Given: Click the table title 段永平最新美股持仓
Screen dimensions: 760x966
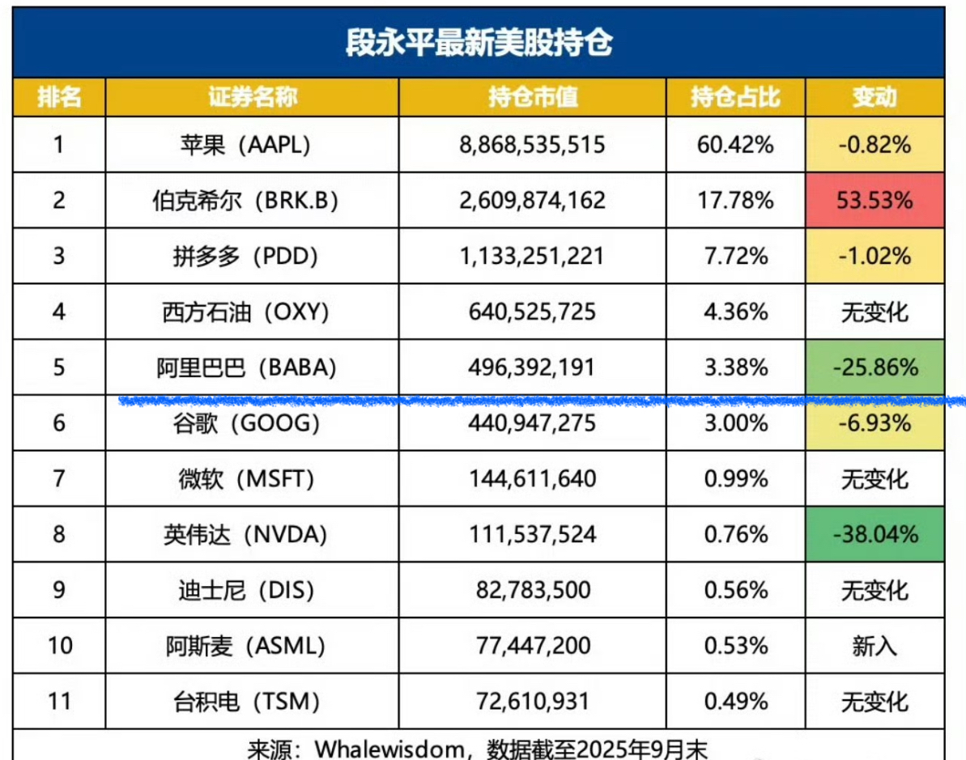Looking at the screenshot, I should click(478, 42).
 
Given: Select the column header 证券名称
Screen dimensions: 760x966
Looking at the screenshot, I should click(252, 97).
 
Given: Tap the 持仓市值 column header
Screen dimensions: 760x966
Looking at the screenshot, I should click(532, 97).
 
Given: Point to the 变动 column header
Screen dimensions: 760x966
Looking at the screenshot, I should click(874, 97).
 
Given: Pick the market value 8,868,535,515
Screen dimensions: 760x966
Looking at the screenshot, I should click(532, 144).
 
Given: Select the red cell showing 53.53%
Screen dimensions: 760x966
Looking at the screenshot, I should click(875, 200).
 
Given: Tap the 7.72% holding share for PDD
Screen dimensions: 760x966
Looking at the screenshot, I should click(735, 256).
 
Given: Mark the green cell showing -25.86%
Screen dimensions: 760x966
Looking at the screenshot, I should click(875, 367).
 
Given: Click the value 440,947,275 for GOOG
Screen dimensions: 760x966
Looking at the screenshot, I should click(532, 422).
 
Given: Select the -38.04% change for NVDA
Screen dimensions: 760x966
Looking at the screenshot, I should click(875, 534).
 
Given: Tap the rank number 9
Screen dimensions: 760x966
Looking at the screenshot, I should click(58, 590).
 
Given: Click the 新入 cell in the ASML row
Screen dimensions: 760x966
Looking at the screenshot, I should click(875, 645).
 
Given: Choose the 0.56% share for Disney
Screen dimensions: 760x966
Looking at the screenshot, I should click(735, 590).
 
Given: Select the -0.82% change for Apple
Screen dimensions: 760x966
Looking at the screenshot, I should click(875, 144).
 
